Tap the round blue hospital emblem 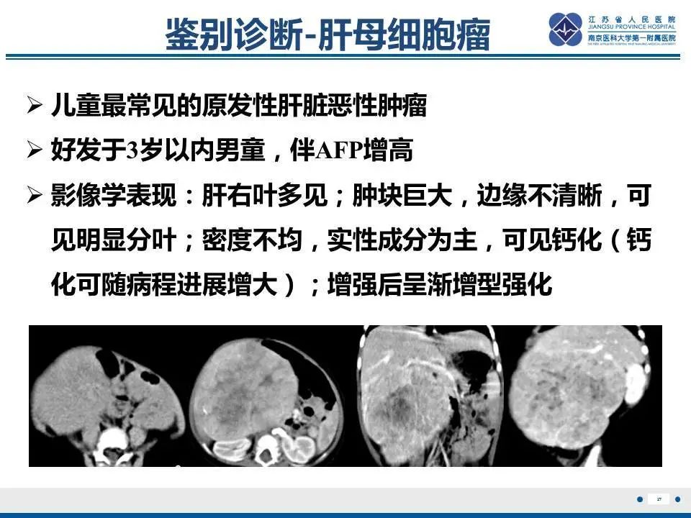point(566,29)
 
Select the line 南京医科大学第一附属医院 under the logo point(632,37)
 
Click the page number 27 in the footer point(659,499)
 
